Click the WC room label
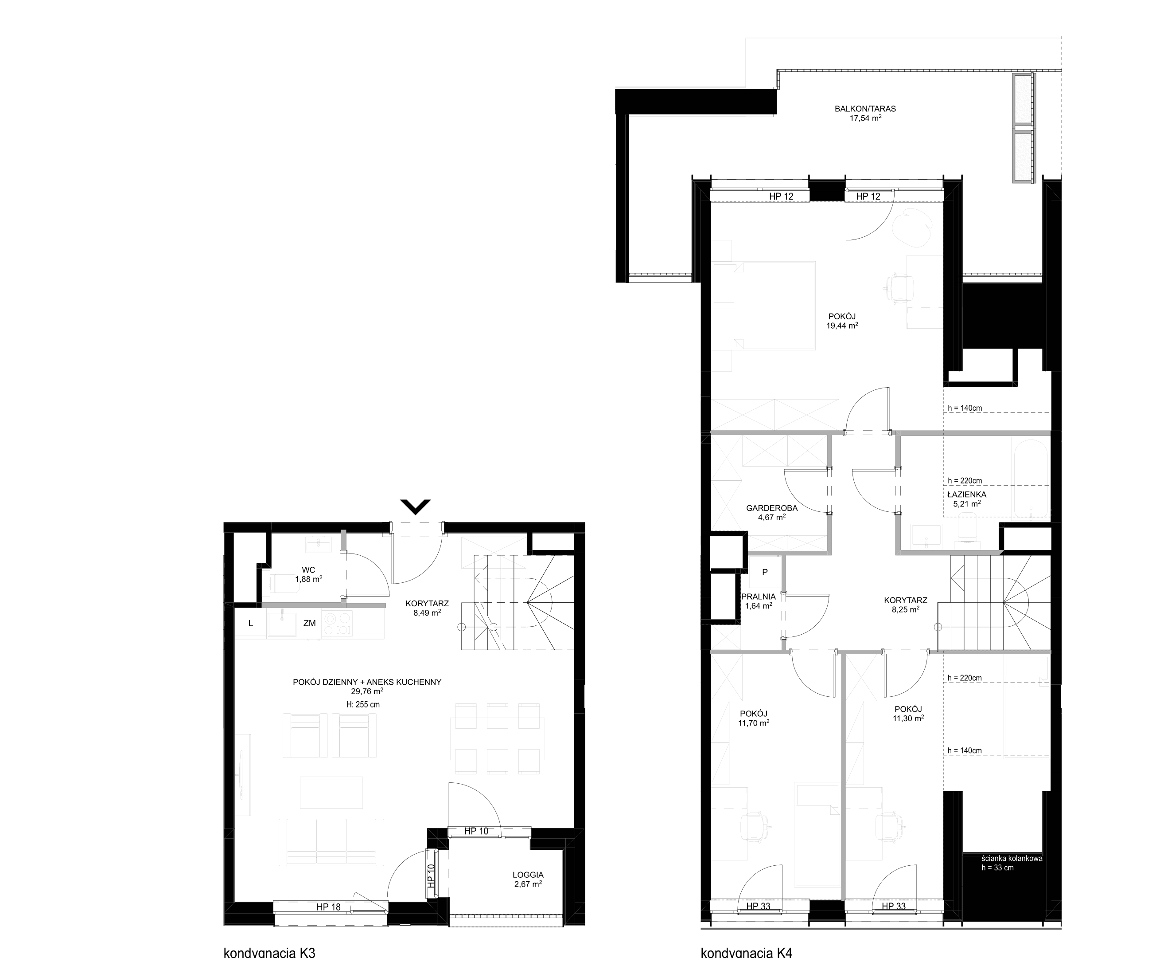308,570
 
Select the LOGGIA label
528,875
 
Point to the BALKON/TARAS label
865,109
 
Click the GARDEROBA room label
772,508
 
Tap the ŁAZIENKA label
967,494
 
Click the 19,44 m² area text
842,325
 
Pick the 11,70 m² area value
753,722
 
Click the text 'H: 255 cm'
362,704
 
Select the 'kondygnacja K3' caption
269,953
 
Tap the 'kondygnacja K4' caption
747,953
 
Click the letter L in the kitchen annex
251,623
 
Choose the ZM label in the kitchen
309,623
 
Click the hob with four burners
337,624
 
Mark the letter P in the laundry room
765,572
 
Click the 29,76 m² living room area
367,691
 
